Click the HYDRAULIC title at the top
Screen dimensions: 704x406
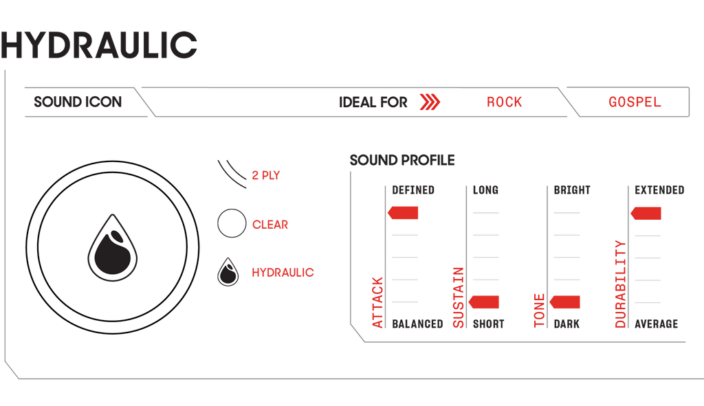(99, 45)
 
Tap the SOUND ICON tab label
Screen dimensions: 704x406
(78, 102)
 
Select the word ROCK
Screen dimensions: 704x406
(504, 102)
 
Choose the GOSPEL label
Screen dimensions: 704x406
(635, 102)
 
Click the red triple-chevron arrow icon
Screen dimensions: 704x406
(430, 102)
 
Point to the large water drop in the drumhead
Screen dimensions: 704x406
(113, 247)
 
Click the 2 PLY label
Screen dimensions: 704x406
(266, 175)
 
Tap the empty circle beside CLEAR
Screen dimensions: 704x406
(232, 223)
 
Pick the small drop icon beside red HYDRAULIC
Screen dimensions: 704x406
(228, 272)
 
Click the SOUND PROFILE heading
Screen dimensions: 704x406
(402, 160)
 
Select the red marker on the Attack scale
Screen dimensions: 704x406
(403, 213)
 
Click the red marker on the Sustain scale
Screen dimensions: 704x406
(483, 302)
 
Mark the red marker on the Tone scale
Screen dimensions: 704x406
(564, 302)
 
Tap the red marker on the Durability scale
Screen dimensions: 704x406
(646, 213)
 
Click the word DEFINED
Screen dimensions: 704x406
(413, 190)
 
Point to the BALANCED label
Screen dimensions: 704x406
(417, 324)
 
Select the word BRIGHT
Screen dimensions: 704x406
(572, 190)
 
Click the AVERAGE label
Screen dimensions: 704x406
(657, 324)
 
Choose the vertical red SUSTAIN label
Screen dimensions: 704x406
(458, 297)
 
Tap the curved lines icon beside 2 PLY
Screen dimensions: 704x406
(232, 174)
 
